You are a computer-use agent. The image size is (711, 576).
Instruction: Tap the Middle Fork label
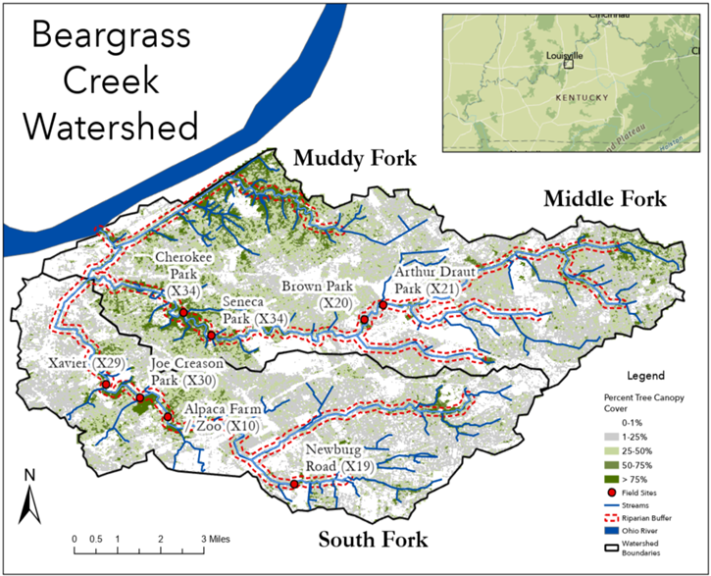[x=604, y=199]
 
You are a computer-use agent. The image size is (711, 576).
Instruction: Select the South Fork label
[x=373, y=539]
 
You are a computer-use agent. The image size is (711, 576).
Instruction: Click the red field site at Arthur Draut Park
[x=382, y=304]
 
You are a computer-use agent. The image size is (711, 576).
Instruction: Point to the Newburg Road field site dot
[x=294, y=484]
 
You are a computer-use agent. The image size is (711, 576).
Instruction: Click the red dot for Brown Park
[x=364, y=320]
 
